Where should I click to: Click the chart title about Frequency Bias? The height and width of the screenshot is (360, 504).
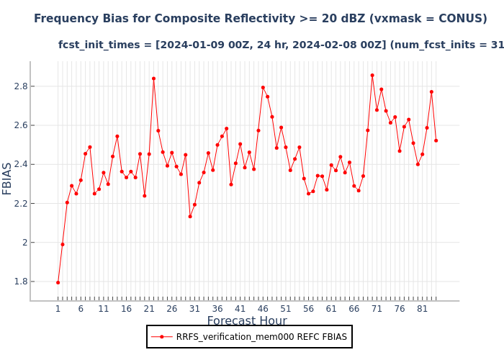tap(260, 19)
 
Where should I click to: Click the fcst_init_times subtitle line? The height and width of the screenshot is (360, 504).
tap(281, 45)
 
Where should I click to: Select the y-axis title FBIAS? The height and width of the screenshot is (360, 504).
tap(8, 178)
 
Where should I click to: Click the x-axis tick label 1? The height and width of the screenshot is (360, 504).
tap(58, 309)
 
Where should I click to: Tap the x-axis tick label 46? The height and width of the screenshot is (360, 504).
tap(263, 309)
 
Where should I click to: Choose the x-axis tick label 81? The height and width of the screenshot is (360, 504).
tap(423, 309)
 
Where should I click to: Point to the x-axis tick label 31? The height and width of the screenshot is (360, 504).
tap(194, 309)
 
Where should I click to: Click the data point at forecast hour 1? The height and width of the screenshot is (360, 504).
tap(58, 282)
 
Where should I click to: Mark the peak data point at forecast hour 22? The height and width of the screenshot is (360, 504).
tap(153, 78)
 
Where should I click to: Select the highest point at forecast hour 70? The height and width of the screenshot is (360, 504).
tap(372, 75)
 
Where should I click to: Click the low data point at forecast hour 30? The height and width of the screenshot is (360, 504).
tap(190, 216)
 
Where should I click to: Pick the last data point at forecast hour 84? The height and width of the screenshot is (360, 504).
tap(436, 140)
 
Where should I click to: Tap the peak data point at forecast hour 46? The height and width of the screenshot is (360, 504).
tap(263, 88)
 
